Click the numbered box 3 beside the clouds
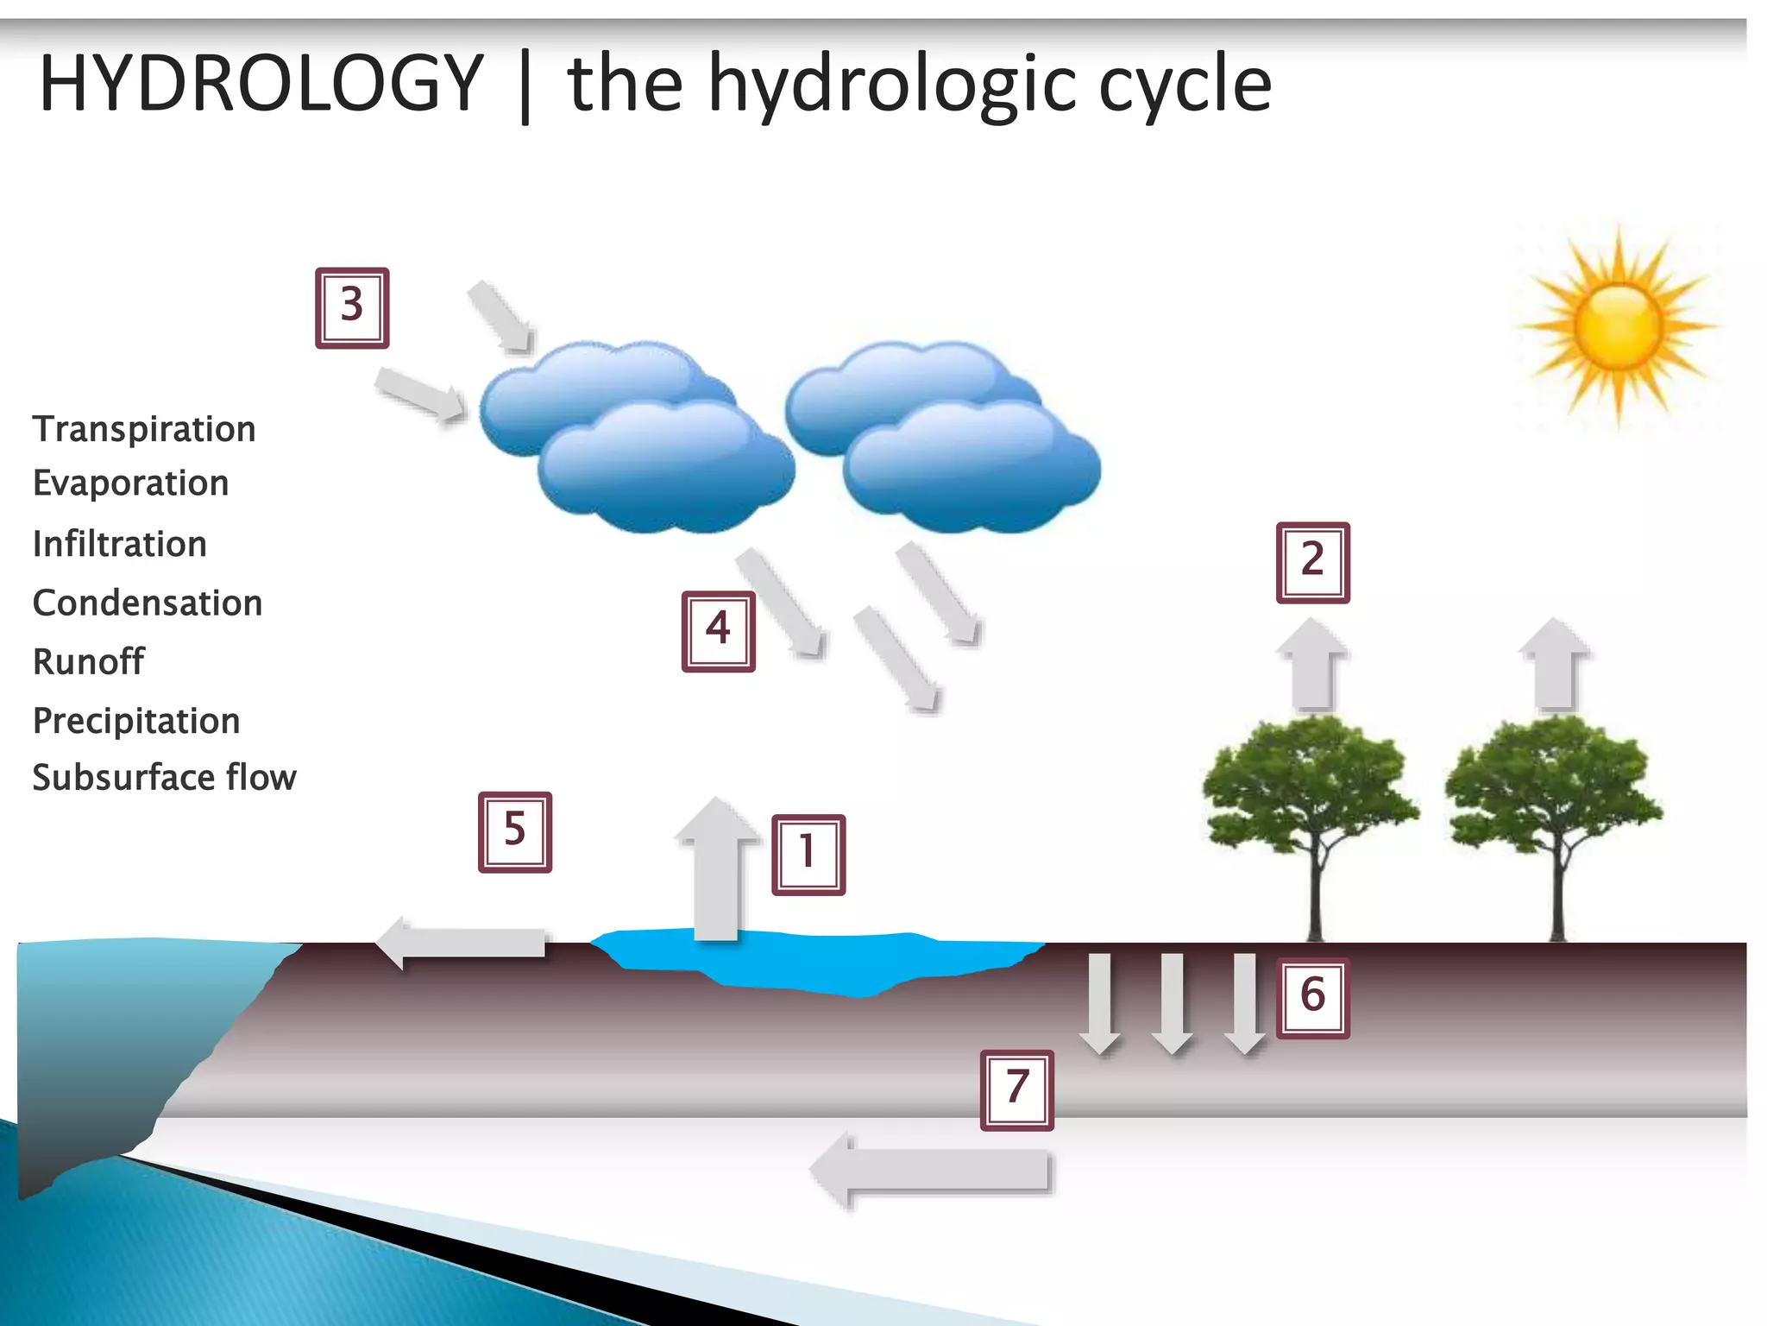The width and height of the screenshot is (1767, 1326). pos(352,307)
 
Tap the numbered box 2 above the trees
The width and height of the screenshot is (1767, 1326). pos(1312,562)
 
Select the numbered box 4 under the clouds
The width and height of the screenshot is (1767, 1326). pos(718,631)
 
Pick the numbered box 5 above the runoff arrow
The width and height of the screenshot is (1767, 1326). pos(515,831)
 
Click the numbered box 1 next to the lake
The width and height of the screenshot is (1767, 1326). pos(808,854)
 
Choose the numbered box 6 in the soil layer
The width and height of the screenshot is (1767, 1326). pos(1312,997)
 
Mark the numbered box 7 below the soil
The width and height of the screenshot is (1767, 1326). pos(1016,1089)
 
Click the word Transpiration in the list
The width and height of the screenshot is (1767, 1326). pos(144,429)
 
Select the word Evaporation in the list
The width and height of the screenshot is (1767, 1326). pos(130,483)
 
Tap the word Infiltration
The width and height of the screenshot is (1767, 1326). pos(119,544)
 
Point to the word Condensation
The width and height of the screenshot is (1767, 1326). pos(147,603)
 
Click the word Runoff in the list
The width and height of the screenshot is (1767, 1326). pos(88,661)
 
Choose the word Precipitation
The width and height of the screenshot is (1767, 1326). pos(135,721)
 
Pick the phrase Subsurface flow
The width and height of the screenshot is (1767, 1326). pos(164,777)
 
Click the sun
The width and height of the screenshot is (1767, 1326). pos(1618,326)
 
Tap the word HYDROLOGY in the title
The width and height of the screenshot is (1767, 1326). pos(261,83)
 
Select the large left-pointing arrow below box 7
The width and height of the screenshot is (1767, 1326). pos(932,1171)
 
